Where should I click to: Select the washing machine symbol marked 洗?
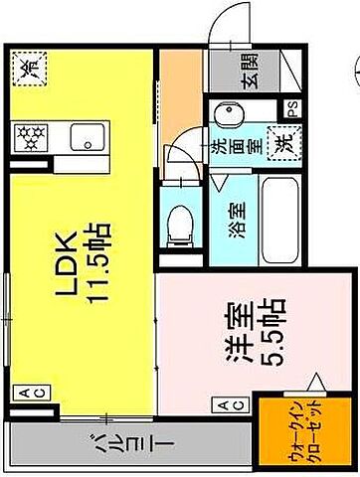283,141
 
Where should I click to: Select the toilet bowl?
179,225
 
